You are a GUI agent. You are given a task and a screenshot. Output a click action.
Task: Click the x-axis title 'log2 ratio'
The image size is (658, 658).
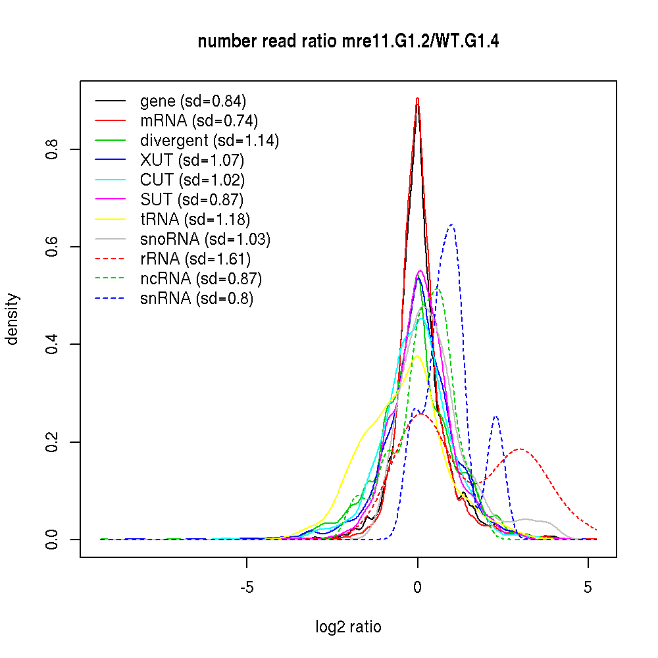[x=348, y=626]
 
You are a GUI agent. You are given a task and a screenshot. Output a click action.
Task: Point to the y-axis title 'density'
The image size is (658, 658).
[x=12, y=318]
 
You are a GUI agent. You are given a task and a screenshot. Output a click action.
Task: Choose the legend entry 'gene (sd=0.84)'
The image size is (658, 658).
[x=193, y=101]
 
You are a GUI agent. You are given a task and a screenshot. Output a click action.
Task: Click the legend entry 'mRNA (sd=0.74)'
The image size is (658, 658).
[x=199, y=121]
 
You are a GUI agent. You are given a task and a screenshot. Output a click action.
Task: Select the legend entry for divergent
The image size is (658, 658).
[x=209, y=141]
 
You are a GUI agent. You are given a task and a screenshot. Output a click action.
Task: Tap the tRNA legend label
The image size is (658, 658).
[x=195, y=219]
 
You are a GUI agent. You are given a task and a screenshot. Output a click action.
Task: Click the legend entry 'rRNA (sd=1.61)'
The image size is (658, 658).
[x=195, y=259]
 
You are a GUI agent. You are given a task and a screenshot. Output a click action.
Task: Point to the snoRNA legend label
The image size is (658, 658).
[x=205, y=240]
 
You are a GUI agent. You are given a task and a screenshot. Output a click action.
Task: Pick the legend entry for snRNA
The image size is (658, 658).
[x=197, y=299]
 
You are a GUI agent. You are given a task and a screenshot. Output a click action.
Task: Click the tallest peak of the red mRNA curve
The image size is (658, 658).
[x=418, y=99]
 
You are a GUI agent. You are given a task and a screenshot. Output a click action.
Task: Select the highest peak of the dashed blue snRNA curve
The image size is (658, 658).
[x=451, y=225]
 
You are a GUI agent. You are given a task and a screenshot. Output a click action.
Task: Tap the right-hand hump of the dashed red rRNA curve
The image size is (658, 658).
[x=520, y=449]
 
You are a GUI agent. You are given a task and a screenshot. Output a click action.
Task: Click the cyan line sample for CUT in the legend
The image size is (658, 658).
[x=110, y=180]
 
